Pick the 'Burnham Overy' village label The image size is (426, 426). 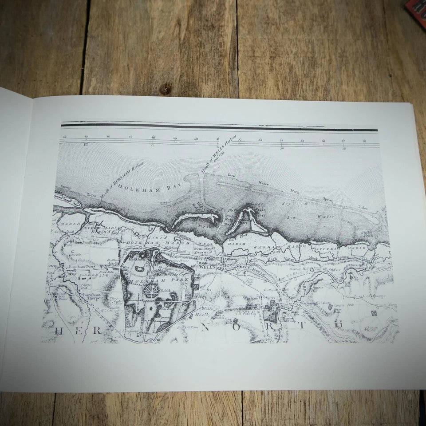pyautogui.click(x=82, y=267)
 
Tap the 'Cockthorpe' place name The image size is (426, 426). pyautogui.click(x=374, y=296)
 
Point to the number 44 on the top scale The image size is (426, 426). pyautogui.click(x=65, y=137)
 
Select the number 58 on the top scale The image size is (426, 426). pyautogui.click(x=364, y=141)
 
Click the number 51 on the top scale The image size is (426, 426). pyautogui.click(x=218, y=139)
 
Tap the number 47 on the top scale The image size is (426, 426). pyautogui.click(x=130, y=138)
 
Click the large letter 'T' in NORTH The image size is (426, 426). pyautogui.click(x=302, y=325)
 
